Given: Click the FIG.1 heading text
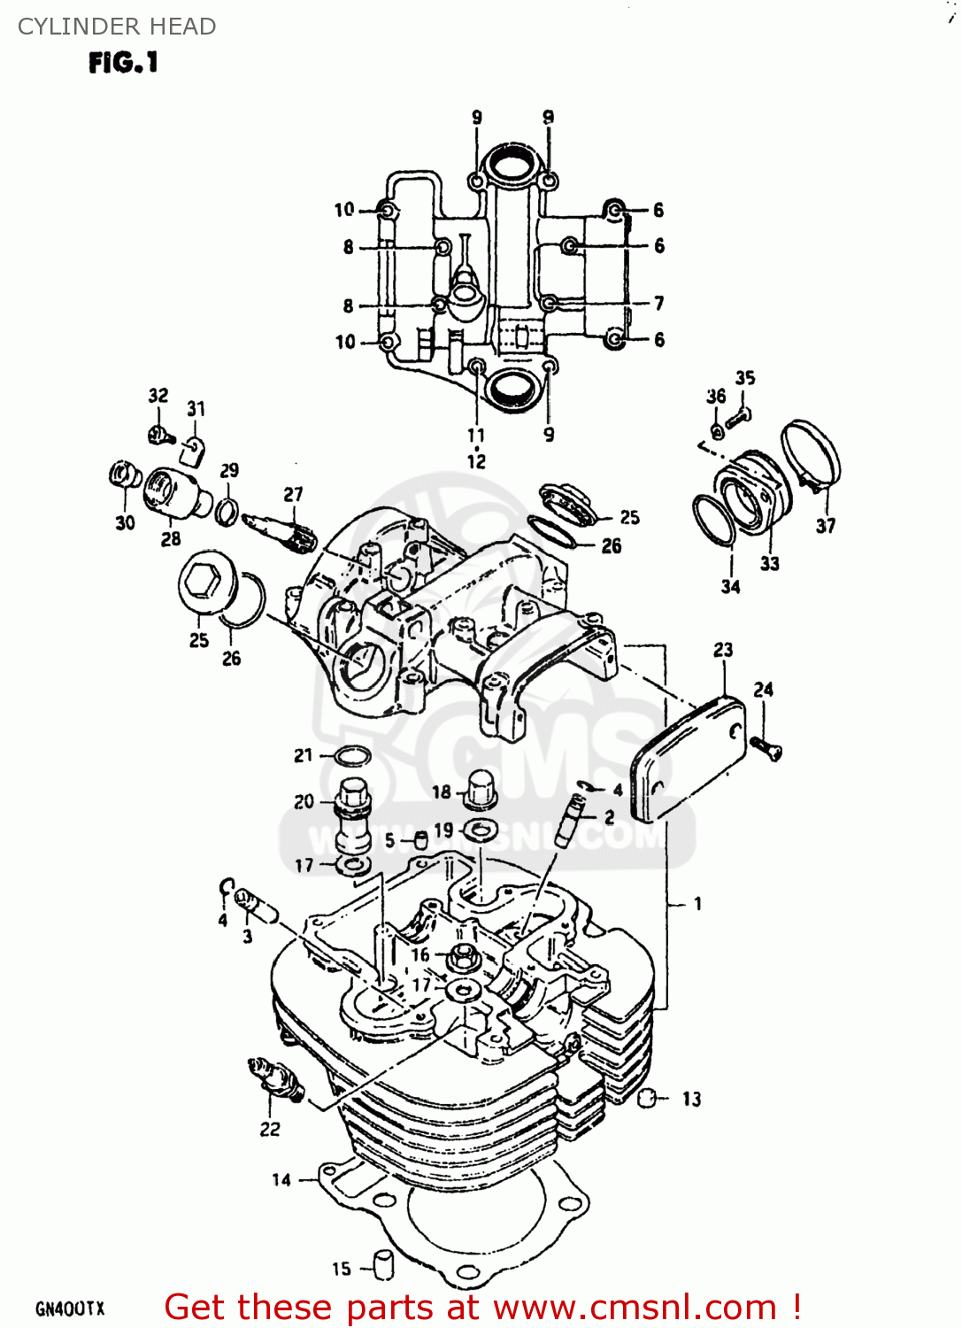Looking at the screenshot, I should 123,63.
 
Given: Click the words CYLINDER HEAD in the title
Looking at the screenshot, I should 117,27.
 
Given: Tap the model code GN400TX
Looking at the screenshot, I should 70,1309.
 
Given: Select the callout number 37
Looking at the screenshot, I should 825,526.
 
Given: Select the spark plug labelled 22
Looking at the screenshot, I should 276,1079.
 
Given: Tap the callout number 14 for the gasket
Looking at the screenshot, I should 281,1179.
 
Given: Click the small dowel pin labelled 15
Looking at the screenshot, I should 383,1265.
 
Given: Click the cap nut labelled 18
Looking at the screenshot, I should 478,788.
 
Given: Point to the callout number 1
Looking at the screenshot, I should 698,904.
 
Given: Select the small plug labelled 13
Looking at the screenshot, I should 648,1099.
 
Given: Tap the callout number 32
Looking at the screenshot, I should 158,396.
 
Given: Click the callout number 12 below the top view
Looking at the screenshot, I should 476,461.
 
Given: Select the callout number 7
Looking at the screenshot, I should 658,303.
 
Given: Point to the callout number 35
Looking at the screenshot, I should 745,378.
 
